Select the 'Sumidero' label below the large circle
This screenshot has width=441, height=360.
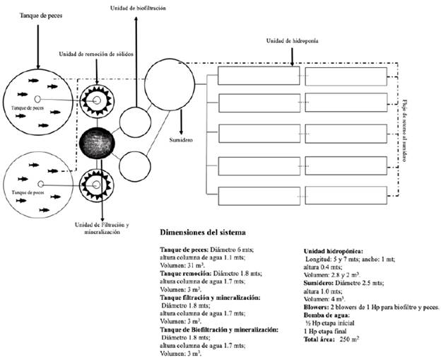click(202, 140)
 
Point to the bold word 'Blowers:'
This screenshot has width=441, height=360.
click(317, 307)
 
